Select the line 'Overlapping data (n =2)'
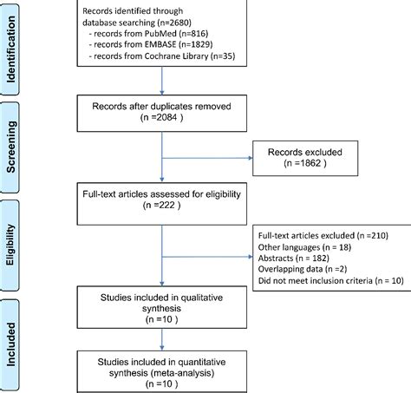[x=301, y=270]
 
